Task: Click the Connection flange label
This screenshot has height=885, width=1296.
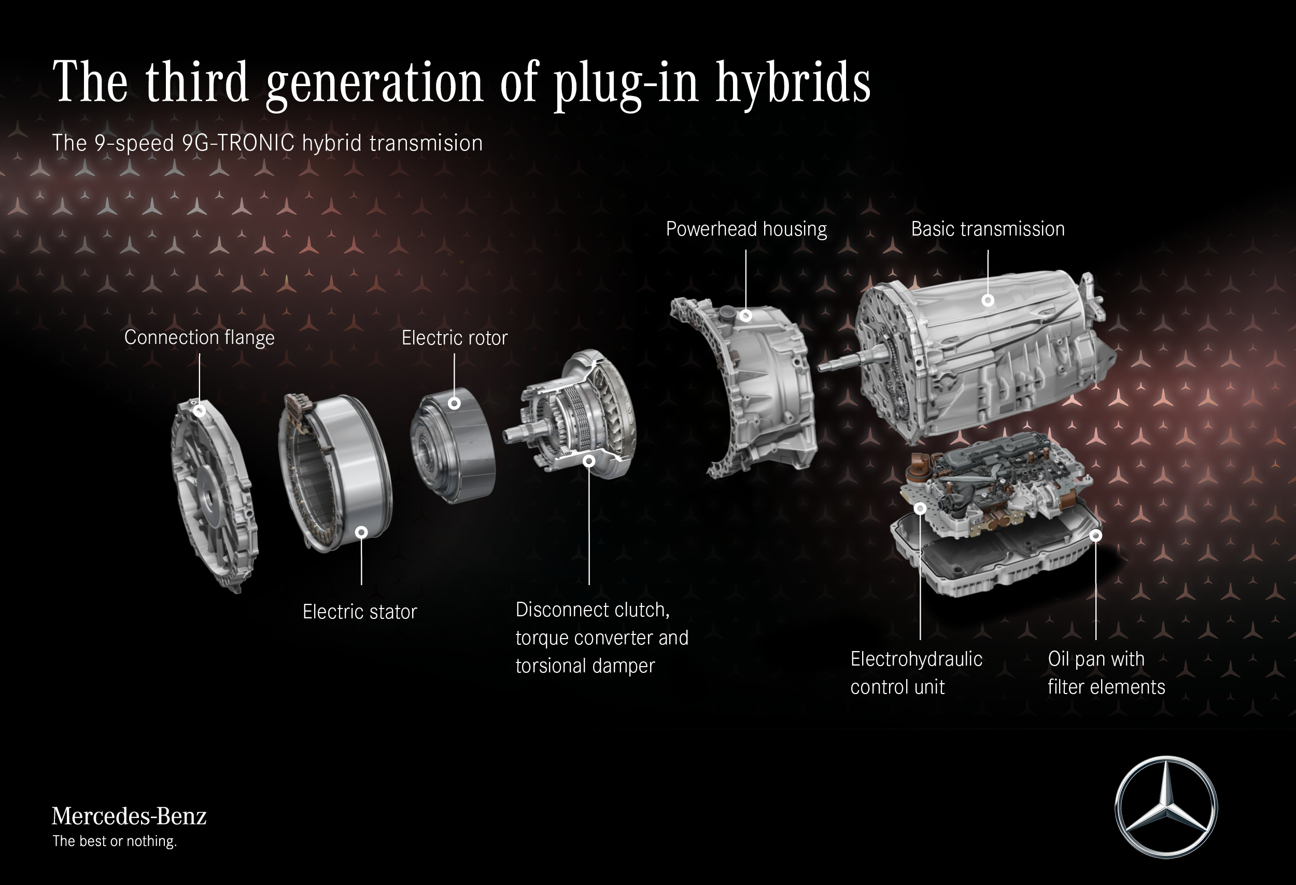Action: tap(199, 338)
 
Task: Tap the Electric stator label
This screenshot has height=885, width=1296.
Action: tap(360, 612)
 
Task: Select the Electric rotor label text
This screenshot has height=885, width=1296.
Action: tap(455, 338)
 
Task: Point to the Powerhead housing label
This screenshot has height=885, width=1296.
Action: tap(746, 229)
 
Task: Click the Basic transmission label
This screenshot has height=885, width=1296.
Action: tap(988, 229)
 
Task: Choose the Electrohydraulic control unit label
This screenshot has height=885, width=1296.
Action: tap(916, 673)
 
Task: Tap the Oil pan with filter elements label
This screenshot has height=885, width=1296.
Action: tap(1106, 673)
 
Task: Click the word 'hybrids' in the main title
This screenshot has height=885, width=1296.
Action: tap(793, 82)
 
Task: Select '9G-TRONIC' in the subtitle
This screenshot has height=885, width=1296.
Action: tap(238, 143)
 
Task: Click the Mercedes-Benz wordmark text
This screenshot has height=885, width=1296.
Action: tap(129, 816)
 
